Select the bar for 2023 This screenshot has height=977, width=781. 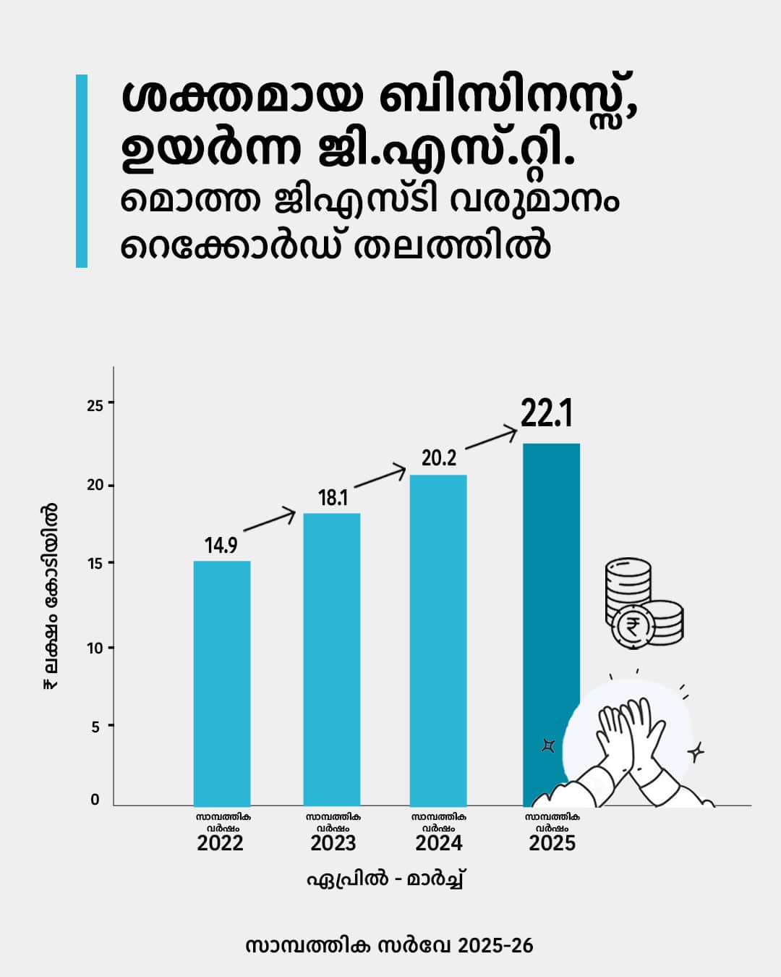click(x=332, y=659)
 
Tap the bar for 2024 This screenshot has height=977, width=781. click(x=438, y=640)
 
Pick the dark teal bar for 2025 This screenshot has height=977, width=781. click(x=551, y=579)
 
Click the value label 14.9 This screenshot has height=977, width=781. click(x=221, y=546)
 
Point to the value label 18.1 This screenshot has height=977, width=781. click(x=333, y=498)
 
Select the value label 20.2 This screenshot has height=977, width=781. click(x=439, y=458)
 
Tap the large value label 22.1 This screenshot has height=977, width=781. click(x=547, y=415)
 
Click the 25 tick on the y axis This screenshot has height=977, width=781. click(x=95, y=405)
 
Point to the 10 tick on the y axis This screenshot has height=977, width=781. click(x=95, y=648)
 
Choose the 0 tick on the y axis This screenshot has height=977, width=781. click(x=95, y=800)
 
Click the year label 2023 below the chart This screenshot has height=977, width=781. click(x=333, y=843)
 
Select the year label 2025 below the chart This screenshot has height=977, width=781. click(x=552, y=843)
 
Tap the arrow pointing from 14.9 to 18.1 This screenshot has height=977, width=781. click(x=270, y=521)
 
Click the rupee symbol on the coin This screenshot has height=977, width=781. click(x=632, y=627)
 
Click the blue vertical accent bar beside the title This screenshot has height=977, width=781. click(x=82, y=171)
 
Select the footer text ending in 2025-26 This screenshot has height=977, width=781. click(x=389, y=946)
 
